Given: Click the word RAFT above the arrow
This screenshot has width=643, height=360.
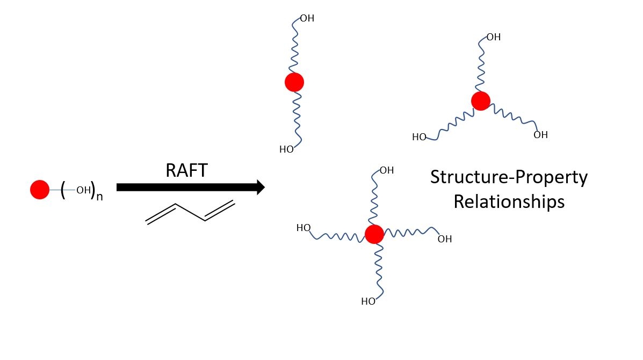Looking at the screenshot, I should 186,170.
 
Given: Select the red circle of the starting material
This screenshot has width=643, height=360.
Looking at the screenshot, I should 40,190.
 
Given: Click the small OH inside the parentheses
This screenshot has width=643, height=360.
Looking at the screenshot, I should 83,190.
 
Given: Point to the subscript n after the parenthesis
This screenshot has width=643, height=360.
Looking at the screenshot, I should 99,196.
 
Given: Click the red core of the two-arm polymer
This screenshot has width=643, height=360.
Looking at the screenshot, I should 294,82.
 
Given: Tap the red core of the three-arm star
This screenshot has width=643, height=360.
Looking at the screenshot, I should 481,100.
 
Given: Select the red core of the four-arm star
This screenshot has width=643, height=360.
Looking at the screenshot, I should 374,234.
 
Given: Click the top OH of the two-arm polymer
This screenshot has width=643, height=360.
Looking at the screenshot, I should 307,19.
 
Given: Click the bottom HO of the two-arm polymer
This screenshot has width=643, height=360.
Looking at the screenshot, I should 286,149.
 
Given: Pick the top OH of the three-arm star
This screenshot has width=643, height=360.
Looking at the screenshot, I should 493,37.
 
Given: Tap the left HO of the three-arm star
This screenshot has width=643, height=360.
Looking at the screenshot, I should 419,137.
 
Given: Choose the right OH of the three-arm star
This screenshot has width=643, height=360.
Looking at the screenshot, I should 540,135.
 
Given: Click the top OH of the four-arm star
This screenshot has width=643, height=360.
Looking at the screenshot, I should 387,170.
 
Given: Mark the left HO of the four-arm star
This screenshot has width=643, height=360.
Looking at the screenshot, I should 304,228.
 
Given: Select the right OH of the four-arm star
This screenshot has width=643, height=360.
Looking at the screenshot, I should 445,239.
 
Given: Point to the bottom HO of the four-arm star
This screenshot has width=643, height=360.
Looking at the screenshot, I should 368,301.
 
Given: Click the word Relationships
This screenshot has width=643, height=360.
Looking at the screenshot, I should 509,201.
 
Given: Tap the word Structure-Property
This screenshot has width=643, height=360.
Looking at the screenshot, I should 509,177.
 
